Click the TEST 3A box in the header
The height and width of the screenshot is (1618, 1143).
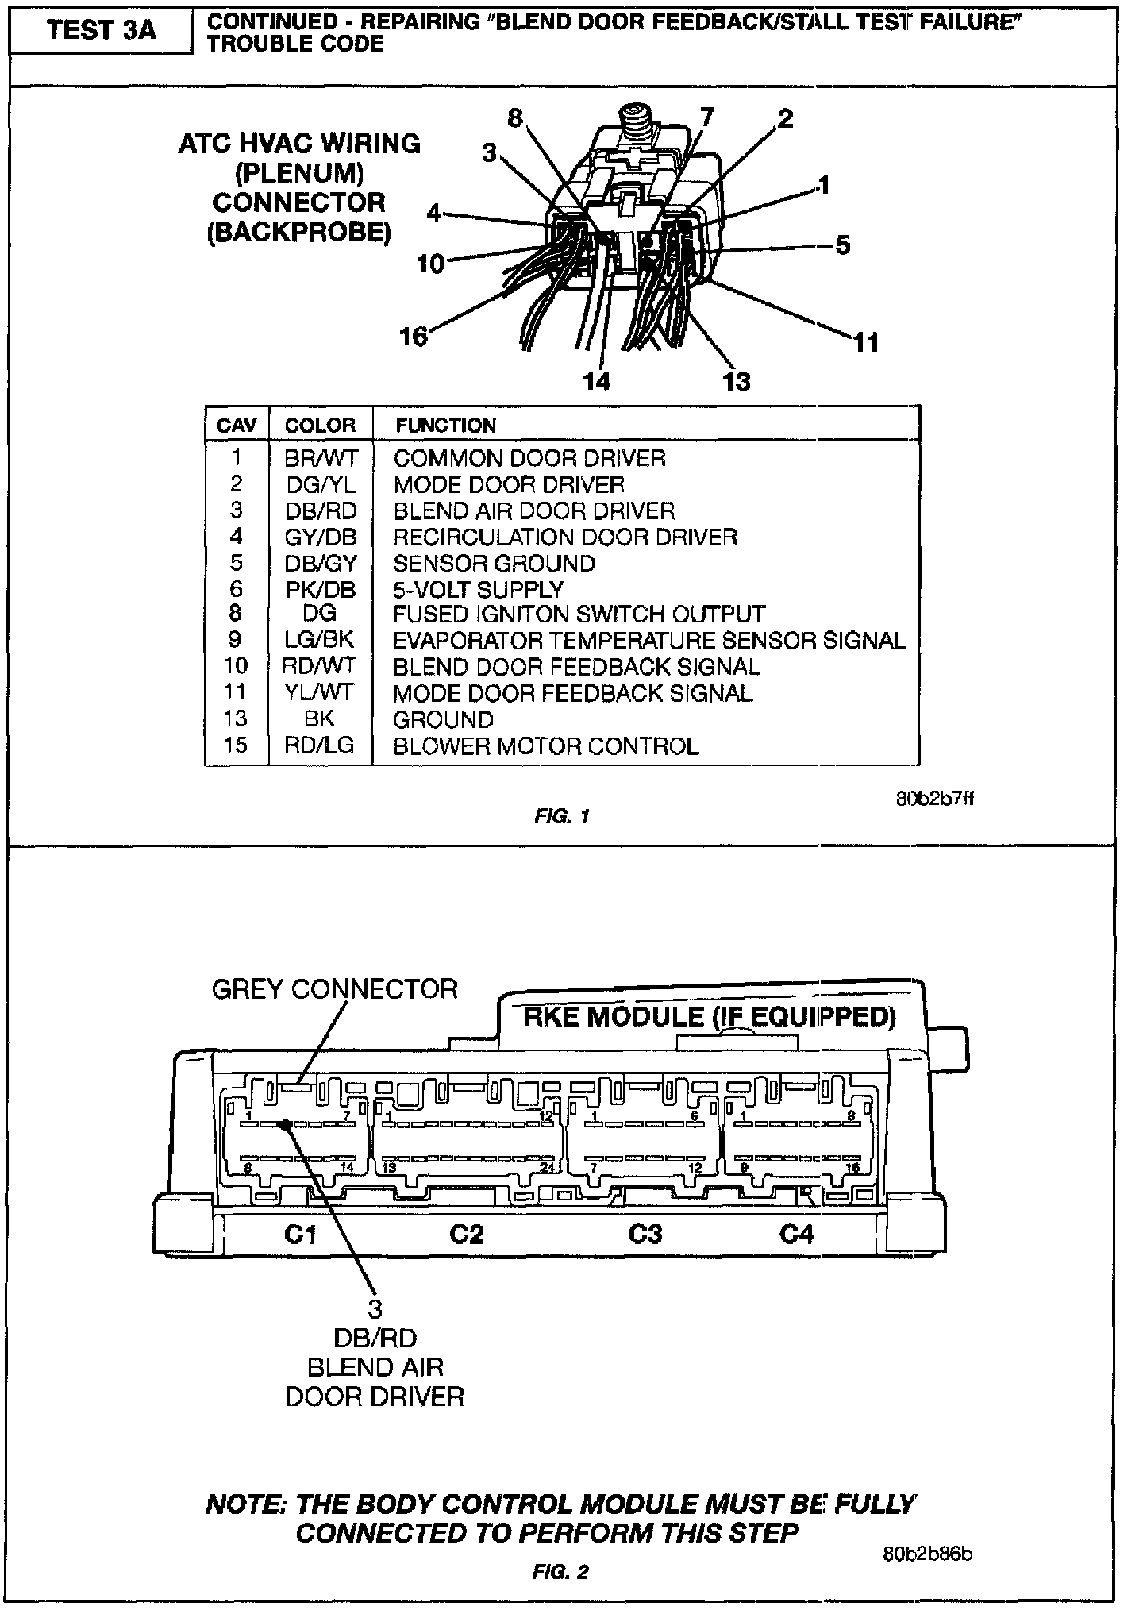[x=101, y=31]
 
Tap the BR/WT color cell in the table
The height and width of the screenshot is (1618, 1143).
[x=321, y=458]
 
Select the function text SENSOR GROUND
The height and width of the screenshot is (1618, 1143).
[x=494, y=564]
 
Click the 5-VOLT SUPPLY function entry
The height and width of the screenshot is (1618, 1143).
[x=478, y=590]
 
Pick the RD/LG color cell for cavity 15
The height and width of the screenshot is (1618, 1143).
[x=319, y=745]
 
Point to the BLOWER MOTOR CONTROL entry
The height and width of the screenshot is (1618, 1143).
[x=546, y=746]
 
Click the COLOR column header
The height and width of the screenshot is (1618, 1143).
[x=320, y=426]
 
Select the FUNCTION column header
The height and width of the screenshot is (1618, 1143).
[x=445, y=426]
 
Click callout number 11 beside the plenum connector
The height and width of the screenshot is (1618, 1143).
[x=867, y=342]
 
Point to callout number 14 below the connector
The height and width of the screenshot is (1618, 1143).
[x=597, y=382]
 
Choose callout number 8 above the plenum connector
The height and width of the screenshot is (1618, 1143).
[x=515, y=119]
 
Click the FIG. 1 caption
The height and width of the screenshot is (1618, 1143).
[x=562, y=816]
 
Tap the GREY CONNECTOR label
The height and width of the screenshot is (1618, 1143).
[x=335, y=989]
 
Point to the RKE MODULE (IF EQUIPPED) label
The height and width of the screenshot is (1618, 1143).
[x=710, y=1016]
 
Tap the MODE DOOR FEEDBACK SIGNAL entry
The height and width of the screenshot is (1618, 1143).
[x=572, y=693]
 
